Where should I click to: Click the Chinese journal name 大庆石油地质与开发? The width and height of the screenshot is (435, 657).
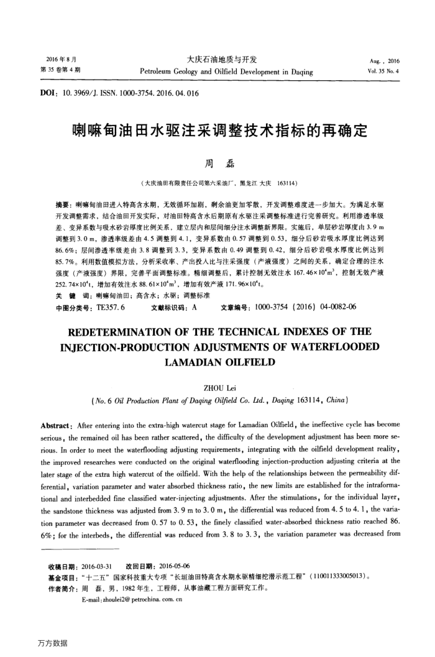tap(217, 60)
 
